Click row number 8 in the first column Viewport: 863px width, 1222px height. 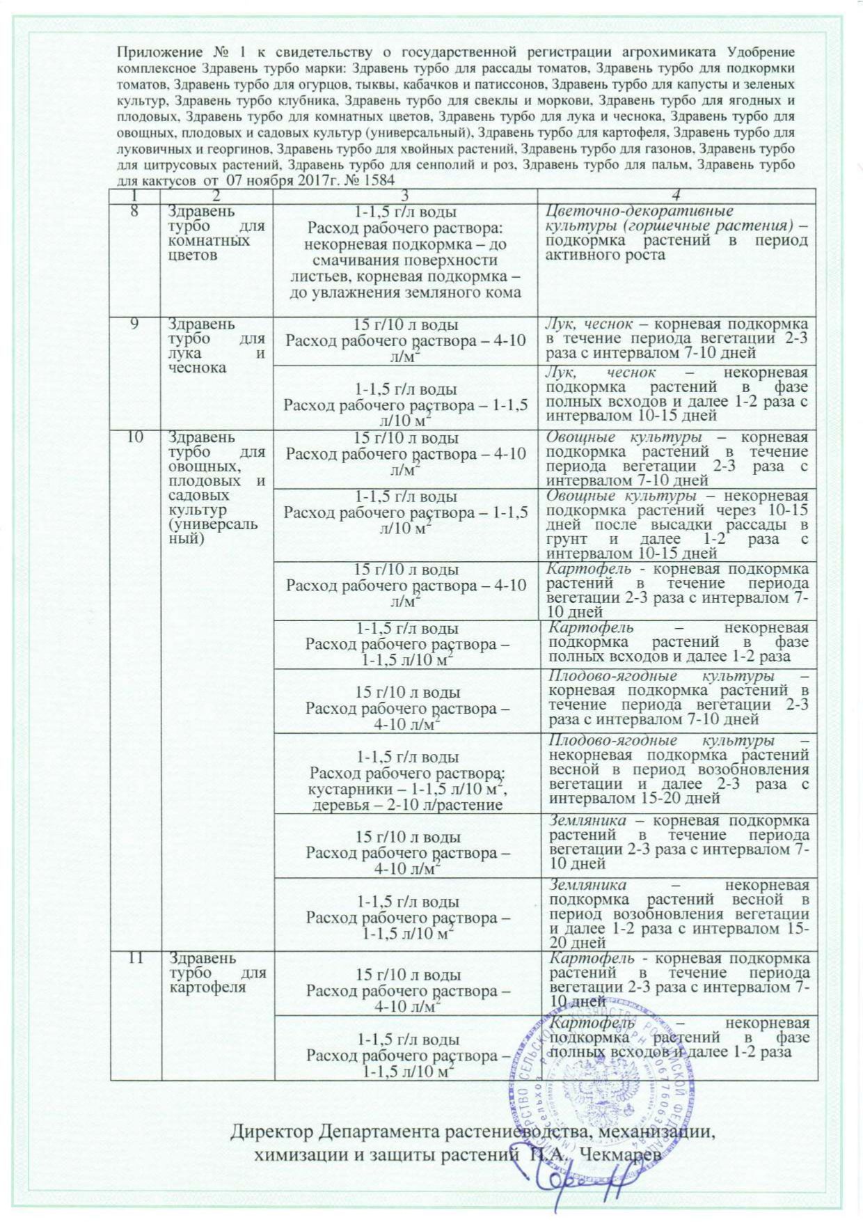(135, 211)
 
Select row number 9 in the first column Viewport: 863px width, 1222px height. (135, 324)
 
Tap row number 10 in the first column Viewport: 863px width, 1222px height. (135, 437)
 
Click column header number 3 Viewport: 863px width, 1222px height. (406, 195)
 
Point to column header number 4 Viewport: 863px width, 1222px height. (678, 195)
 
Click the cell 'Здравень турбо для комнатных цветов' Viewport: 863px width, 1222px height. (216, 233)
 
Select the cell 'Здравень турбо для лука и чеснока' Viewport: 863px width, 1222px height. (216, 346)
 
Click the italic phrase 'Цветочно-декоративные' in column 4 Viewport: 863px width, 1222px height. (630, 211)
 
